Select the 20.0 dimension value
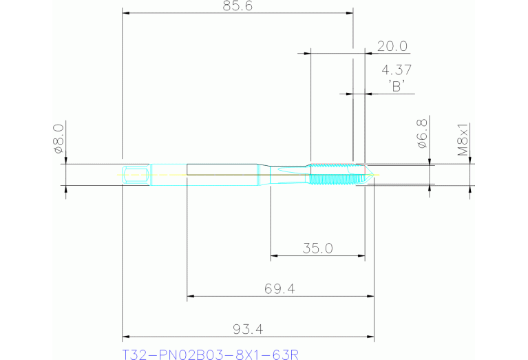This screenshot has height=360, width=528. pyautogui.click(x=392, y=46)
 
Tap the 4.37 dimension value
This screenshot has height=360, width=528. pyautogui.click(x=396, y=70)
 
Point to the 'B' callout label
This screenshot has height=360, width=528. pyautogui.click(x=396, y=86)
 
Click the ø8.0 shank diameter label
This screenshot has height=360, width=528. pyautogui.click(x=58, y=137)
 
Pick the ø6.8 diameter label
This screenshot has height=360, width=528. pyautogui.click(x=422, y=134)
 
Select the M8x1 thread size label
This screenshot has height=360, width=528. pyautogui.click(x=464, y=139)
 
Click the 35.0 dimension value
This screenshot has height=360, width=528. pyautogui.click(x=317, y=248)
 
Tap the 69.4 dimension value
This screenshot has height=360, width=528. pyautogui.click(x=279, y=289)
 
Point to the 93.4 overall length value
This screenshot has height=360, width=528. pyautogui.click(x=249, y=330)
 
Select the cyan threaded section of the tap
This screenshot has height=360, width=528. pyautogui.click(x=335, y=175)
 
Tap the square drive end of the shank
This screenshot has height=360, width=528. pyautogui.click(x=136, y=175)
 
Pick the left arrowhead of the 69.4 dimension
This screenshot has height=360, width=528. pyautogui.click(x=191, y=297)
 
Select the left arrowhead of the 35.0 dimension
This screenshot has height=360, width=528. pyautogui.click(x=274, y=256)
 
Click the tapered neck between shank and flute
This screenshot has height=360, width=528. pyautogui.click(x=264, y=175)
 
